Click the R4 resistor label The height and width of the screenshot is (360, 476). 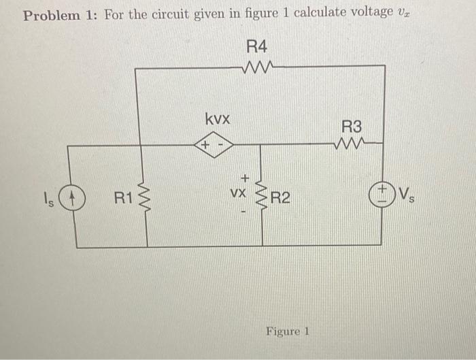(257, 47)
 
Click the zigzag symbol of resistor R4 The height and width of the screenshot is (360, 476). (257, 66)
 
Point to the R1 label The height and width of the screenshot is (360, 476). (122, 199)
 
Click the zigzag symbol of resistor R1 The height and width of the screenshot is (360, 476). (146, 199)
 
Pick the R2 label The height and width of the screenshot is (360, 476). (280, 199)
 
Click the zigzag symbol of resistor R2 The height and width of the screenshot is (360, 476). (261, 199)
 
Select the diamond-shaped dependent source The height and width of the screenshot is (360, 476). (214, 145)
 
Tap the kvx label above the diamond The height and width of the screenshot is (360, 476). (218, 118)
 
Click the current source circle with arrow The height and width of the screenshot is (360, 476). (75, 199)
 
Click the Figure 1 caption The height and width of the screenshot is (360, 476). (288, 331)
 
